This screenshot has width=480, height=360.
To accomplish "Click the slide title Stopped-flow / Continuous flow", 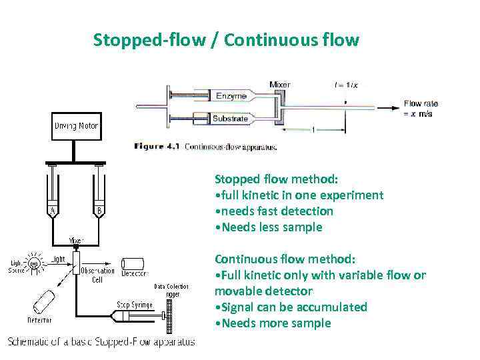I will point(226,41).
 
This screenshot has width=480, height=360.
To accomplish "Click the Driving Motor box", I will point(75,126).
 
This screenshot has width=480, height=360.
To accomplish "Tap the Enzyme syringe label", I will point(231,96).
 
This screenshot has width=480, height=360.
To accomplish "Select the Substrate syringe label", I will point(230,119).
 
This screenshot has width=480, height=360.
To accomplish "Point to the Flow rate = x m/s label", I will point(421,107).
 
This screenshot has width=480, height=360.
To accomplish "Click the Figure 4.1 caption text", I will point(205,147).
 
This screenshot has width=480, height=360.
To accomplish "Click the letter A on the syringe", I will point(51,212).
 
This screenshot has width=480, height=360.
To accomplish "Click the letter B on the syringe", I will point(99,212).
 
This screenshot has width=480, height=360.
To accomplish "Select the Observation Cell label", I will point(98,275).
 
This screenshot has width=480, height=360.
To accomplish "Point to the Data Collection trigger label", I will point(171,290).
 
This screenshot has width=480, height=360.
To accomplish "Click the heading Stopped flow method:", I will point(276,179).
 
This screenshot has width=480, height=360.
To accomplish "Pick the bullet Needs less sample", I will point(268,227).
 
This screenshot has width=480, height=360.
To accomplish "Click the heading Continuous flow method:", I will point(285,259).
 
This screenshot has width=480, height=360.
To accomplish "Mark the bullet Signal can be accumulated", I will point(291,307).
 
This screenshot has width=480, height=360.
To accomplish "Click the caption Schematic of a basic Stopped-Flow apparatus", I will point(101,342).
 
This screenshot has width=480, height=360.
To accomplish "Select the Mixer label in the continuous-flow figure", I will point(279,85).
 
